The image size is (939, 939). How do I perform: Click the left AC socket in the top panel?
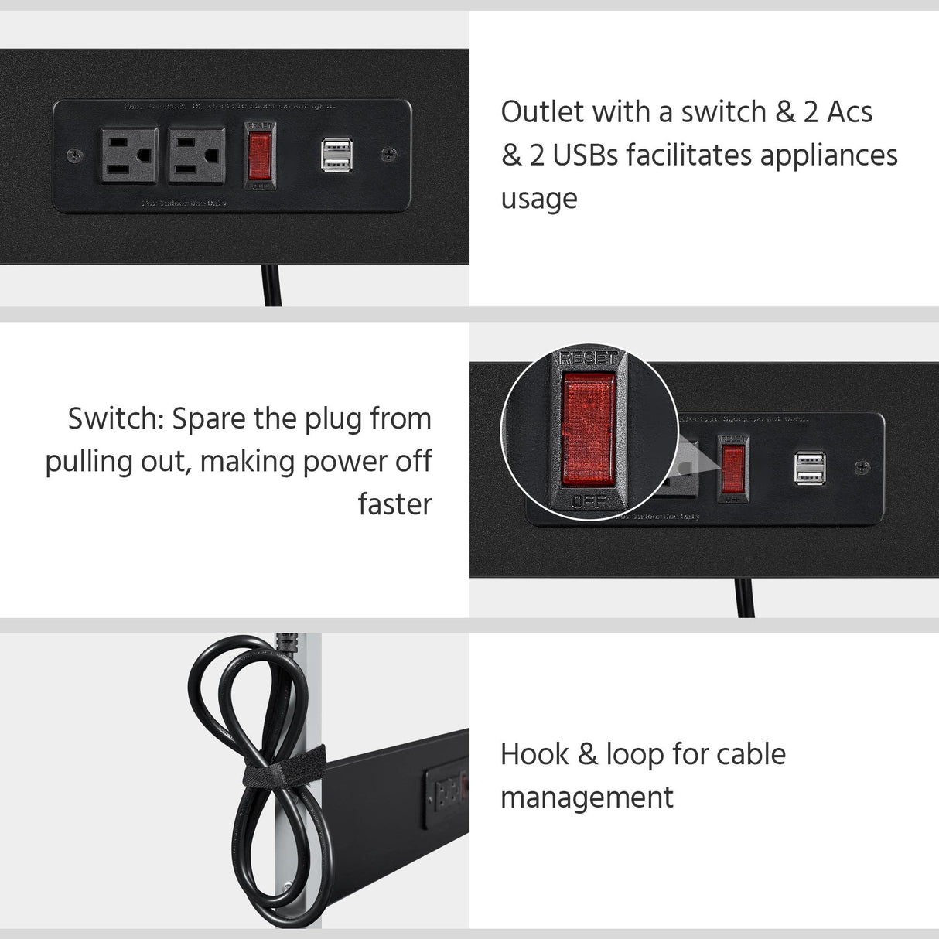coord(128,155)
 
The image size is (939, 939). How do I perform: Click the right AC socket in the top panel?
coord(197,155)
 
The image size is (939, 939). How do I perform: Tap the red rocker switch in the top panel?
coord(259,155)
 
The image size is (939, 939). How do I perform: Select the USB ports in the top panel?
coord(337,155)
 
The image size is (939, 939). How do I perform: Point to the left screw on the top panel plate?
coord(74,155)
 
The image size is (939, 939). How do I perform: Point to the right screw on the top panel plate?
coord(389,155)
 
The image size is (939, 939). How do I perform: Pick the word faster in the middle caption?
coord(394,504)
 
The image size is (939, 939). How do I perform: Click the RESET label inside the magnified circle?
coord(589,358)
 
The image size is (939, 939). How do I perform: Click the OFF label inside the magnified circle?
coord(589,502)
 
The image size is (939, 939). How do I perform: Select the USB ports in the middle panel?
coord(810,468)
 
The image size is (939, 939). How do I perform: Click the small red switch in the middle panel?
coord(733,469)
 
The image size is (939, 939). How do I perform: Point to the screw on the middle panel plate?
coord(862,467)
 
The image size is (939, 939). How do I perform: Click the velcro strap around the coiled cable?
coord(283,768)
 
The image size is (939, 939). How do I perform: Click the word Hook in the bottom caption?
coord(534,754)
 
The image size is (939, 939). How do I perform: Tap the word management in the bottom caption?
coord(587,798)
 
